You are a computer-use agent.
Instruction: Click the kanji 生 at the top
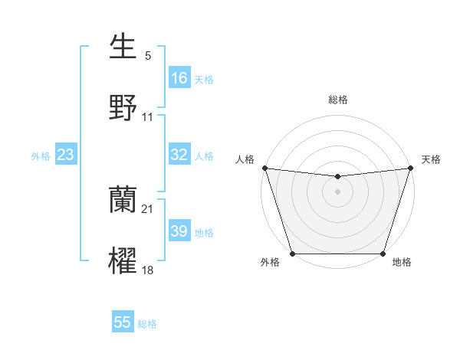[123, 47]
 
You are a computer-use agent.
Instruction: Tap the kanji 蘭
[123, 201]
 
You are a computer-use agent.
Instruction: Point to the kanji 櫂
[123, 260]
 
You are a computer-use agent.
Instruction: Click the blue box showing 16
[179, 78]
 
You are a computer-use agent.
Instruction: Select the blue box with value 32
[179, 155]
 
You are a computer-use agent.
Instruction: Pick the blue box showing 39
[179, 231]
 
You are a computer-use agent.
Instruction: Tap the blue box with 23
[66, 155]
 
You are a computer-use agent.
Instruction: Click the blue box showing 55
[123, 322]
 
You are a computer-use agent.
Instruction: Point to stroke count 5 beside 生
[148, 56]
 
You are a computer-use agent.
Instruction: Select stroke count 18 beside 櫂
[148, 269]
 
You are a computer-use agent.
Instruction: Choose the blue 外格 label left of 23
[41, 155]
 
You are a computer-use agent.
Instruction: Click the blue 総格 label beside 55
[147, 324]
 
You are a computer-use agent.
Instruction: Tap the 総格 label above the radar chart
[338, 100]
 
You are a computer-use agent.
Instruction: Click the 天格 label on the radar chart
[432, 159]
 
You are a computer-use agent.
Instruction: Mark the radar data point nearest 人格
[264, 168]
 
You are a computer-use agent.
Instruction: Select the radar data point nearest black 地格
[383, 254]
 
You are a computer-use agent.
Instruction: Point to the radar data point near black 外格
[292, 254]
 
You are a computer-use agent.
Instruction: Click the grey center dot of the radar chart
[338, 191]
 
